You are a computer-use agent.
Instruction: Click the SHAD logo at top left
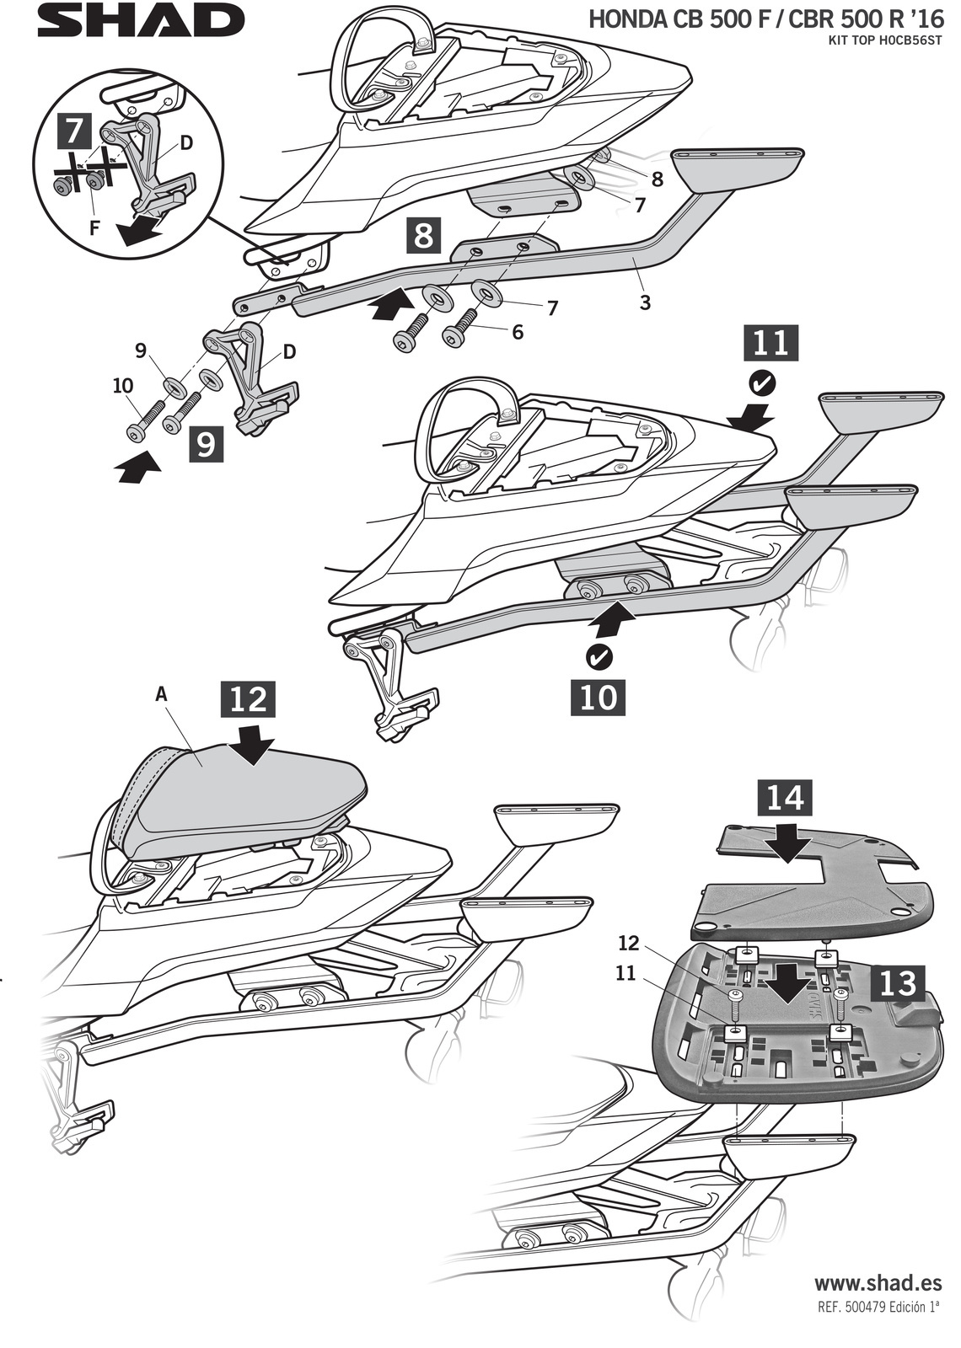[x=140, y=21]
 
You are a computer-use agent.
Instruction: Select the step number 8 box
[x=423, y=235]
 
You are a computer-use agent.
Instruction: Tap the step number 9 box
[x=207, y=443]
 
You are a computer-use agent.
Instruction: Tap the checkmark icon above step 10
[x=600, y=655]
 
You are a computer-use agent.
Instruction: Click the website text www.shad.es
[x=877, y=1283]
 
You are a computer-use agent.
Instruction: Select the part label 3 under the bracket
[x=645, y=302]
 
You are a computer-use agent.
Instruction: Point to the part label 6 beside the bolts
[x=517, y=332]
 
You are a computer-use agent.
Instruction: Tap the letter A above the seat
[x=162, y=695]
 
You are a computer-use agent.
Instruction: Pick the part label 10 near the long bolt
[x=122, y=385]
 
